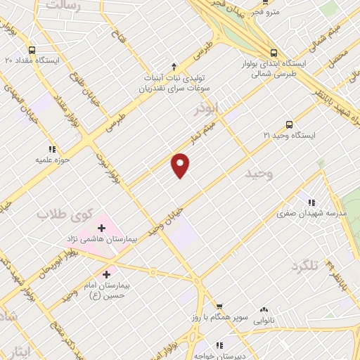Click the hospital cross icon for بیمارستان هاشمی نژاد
101,228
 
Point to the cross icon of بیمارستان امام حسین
107,274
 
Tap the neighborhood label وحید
259,172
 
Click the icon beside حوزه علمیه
51,149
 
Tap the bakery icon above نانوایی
264,309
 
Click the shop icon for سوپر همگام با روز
220,307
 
